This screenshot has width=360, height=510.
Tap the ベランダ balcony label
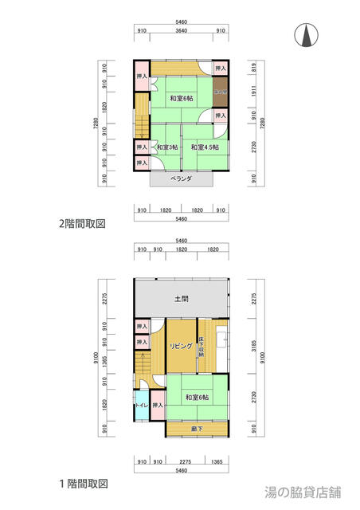click(x=181, y=179)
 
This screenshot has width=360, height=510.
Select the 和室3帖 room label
click(x=166, y=147)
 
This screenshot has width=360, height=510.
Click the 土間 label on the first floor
click(x=181, y=299)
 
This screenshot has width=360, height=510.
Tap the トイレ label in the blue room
click(x=141, y=406)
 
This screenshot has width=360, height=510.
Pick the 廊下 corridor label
click(x=196, y=430)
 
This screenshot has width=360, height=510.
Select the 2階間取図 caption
click(x=83, y=224)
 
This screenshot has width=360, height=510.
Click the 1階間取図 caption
click(x=83, y=484)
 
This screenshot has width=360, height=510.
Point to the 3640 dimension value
click(x=181, y=30)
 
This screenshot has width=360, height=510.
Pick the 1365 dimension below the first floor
click(x=217, y=461)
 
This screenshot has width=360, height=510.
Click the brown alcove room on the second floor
click(x=221, y=92)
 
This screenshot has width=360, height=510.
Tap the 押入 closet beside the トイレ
click(x=157, y=406)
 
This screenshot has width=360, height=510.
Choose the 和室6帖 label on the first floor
click(x=197, y=397)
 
